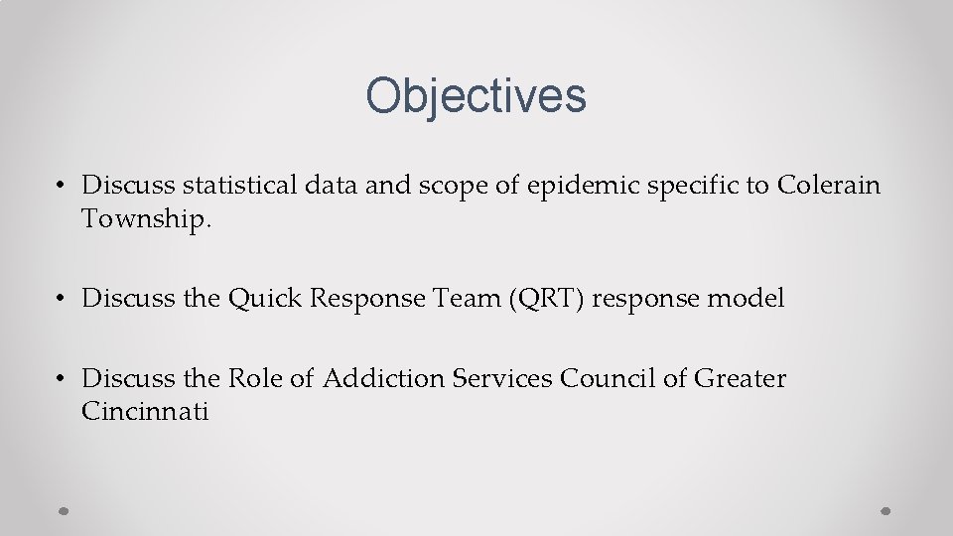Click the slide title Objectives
click(476, 96)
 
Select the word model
click(748, 299)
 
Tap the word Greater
click(740, 379)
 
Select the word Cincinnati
click(145, 412)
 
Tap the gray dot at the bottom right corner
click(886, 509)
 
